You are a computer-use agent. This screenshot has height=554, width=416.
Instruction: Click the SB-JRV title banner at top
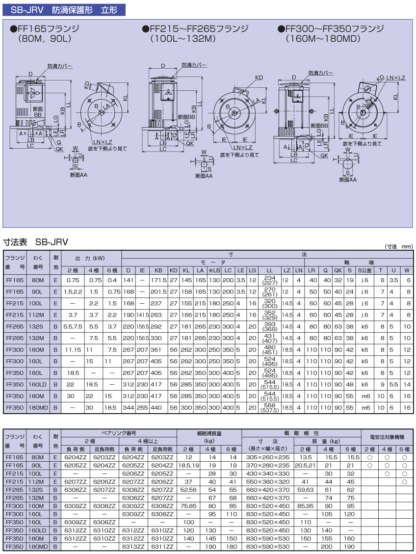(x=63, y=9)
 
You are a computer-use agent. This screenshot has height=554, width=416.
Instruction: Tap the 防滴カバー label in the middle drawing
(x=194, y=65)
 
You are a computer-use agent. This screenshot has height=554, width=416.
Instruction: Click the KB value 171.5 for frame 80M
(x=158, y=280)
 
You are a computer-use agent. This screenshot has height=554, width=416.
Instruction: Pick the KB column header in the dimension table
(x=158, y=270)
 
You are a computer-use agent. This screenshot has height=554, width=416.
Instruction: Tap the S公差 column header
(x=364, y=270)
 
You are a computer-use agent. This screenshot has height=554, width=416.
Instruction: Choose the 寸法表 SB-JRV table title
(x=36, y=242)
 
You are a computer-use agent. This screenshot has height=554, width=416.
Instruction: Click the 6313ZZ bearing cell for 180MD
(x=133, y=546)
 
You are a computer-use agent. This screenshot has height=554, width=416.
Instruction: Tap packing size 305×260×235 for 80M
(x=268, y=457)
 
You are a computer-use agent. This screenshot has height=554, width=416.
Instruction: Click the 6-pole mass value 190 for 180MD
(x=350, y=546)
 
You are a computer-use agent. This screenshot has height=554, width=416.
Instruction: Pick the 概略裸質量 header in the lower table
(x=208, y=433)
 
